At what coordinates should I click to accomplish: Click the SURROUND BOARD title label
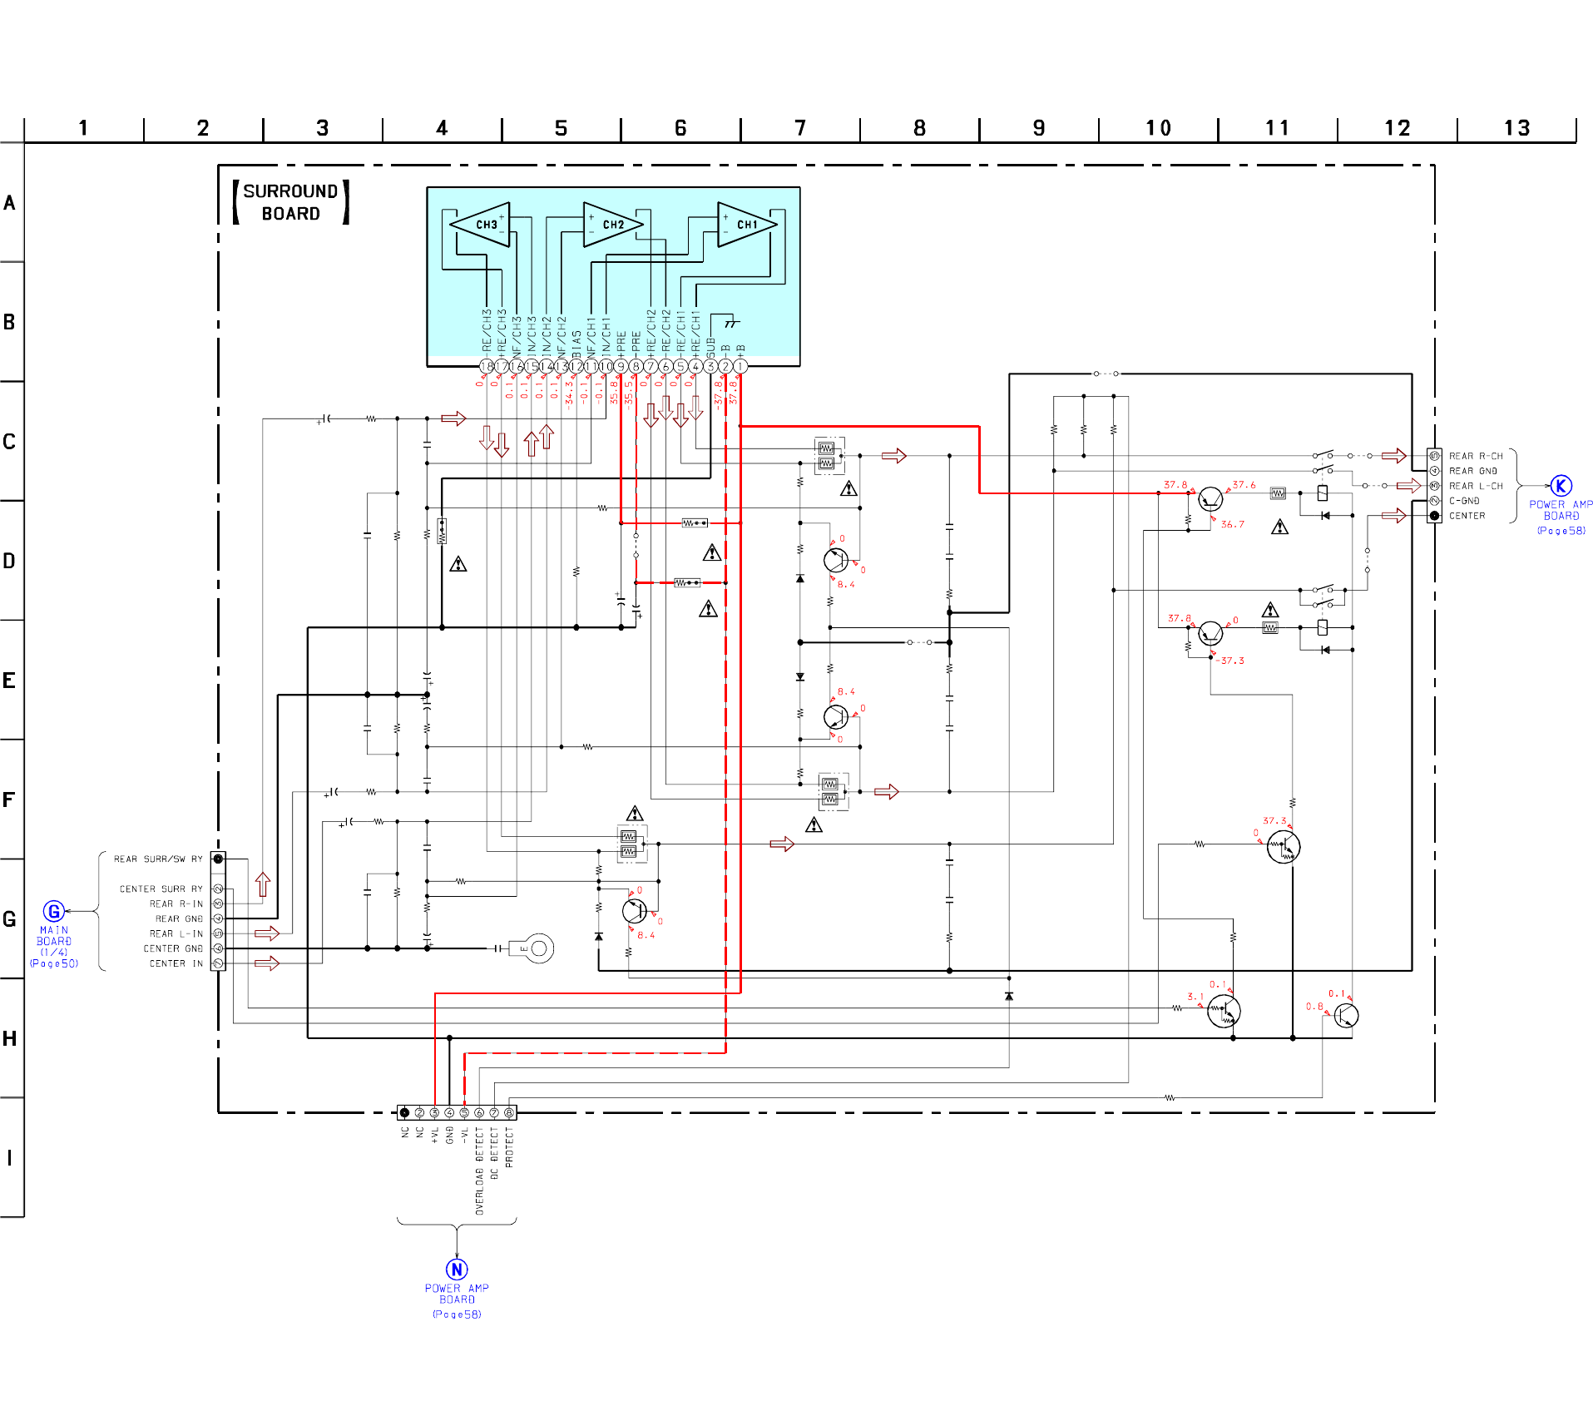click(x=290, y=202)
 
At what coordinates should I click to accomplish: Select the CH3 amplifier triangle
click(x=483, y=225)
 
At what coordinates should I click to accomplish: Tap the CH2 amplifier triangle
click(x=611, y=225)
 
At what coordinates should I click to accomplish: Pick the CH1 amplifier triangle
click(x=745, y=225)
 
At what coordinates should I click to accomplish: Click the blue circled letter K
click(x=1561, y=486)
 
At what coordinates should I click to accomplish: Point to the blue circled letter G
click(x=54, y=911)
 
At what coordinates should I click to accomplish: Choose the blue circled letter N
click(x=457, y=1270)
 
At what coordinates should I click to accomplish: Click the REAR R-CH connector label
click(x=1476, y=456)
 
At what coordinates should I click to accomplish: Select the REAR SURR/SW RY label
click(x=158, y=859)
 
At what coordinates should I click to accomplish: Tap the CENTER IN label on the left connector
click(x=176, y=963)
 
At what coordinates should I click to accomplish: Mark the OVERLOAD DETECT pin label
click(x=479, y=1171)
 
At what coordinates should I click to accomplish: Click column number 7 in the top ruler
click(x=800, y=128)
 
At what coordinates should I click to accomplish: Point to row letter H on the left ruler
click(x=9, y=1038)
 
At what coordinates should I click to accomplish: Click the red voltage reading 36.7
click(x=1233, y=524)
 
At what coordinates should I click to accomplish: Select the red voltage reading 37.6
click(x=1244, y=485)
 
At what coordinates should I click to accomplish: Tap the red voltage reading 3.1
click(x=1195, y=996)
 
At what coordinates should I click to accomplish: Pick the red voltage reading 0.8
click(x=1314, y=1007)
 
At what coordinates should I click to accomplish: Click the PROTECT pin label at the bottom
click(x=509, y=1148)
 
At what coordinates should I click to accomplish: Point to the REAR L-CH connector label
click(x=1476, y=486)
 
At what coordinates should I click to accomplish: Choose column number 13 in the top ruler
click(x=1516, y=128)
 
